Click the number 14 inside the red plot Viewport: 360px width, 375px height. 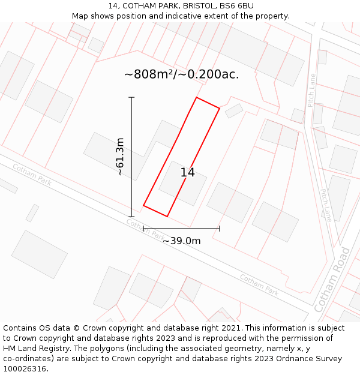pyautogui.click(x=187, y=173)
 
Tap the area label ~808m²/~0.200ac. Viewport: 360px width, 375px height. pyautogui.click(x=181, y=74)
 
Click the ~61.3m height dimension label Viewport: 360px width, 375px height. pyautogui.click(x=120, y=157)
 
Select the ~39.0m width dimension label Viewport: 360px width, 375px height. pyautogui.click(x=181, y=241)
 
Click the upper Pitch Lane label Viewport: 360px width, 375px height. pyautogui.click(x=311, y=90)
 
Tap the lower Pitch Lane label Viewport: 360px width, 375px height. pyautogui.click(x=326, y=205)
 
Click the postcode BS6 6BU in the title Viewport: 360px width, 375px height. pyautogui.click(x=236, y=6)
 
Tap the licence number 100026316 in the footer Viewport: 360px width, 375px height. pyautogui.click(x=25, y=368)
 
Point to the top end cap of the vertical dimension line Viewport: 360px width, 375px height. pyautogui.click(x=131, y=97)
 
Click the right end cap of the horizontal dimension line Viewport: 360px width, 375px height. pyautogui.click(x=220, y=228)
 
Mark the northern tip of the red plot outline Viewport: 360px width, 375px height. pyautogui.click(x=196, y=97)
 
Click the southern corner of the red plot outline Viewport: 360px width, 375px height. pyautogui.click(x=167, y=216)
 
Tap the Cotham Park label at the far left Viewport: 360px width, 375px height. pyautogui.click(x=32, y=175)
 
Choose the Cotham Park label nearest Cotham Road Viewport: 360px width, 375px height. pyautogui.click(x=259, y=284)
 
